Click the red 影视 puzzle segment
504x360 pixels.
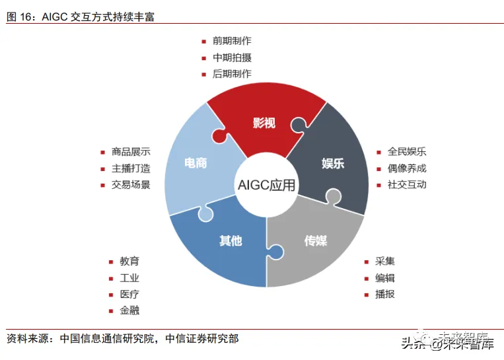coord(264,122)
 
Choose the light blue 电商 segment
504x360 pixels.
coord(195,162)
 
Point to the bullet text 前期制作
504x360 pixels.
coord(232,42)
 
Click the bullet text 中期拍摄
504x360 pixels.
coord(232,58)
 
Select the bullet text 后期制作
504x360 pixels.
coord(232,74)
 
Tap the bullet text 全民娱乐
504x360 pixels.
coord(407,152)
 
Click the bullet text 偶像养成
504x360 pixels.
coord(407,168)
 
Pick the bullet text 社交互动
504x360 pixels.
coord(407,184)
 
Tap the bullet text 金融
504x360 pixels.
coord(129,310)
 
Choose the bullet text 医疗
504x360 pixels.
coord(129,295)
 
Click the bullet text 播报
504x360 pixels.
coord(384,294)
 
